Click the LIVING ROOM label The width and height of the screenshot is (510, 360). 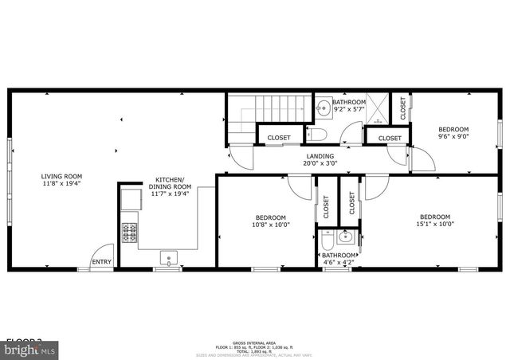point(62,176)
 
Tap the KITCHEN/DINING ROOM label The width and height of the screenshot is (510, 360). point(169,183)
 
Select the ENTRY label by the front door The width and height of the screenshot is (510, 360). point(101,262)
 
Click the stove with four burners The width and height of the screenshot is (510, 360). point(130,232)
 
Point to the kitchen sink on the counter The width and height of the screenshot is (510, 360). point(169,256)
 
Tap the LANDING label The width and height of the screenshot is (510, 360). point(320,156)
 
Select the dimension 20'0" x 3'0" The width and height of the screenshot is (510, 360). point(320,163)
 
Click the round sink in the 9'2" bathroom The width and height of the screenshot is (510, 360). point(324,107)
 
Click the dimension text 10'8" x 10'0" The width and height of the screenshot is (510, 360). point(270,225)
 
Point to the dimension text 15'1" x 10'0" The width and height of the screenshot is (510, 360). point(435,225)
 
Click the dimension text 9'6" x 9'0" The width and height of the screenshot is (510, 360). point(453,136)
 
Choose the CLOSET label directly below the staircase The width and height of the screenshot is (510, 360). point(279,138)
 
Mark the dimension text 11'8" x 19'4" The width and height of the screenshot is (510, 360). point(62,183)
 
